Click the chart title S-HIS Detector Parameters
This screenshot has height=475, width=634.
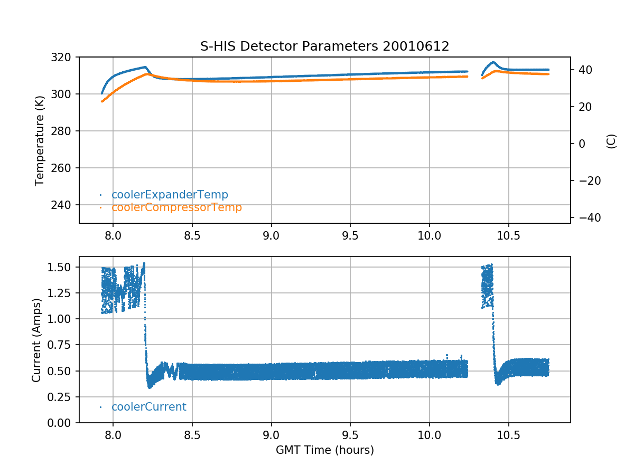324,46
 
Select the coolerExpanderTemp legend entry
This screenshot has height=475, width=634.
170,195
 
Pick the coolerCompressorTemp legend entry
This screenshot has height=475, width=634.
176,207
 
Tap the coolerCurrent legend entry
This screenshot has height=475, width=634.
148,407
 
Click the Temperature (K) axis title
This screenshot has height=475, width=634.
39,140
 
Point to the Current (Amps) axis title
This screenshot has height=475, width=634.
36,340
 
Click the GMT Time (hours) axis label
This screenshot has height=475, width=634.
324,450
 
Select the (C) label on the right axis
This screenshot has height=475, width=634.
611,141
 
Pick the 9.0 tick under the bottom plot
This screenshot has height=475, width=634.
271,434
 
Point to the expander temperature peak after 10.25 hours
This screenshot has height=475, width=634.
493,62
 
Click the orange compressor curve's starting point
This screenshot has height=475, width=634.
102,101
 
